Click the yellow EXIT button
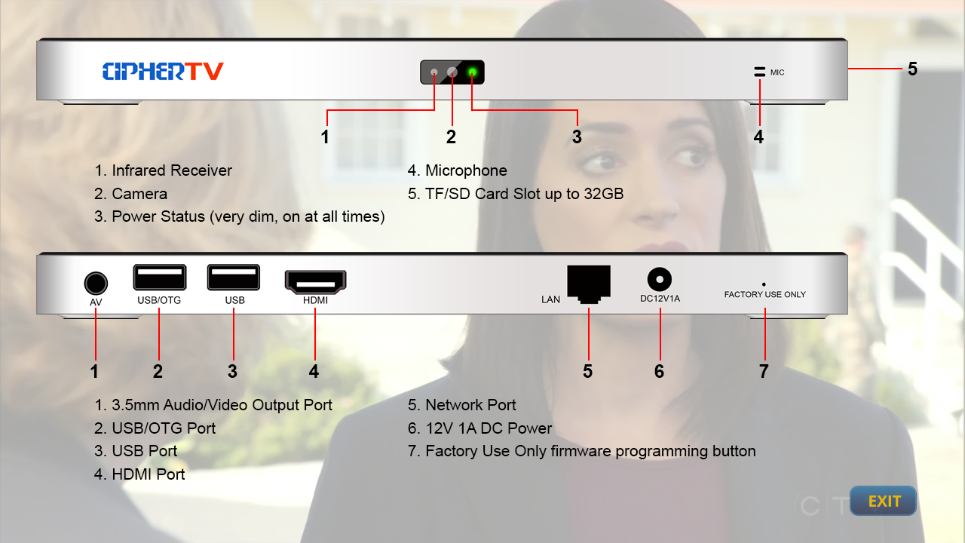pos(883,501)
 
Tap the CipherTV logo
pos(163,71)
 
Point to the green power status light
pos(472,72)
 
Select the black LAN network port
pos(589,284)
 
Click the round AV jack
pos(96,283)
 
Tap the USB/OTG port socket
pos(159,277)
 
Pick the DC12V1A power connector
pos(659,279)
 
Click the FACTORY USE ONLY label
pos(764,294)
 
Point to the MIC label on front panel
pos(777,72)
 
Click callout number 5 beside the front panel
pos(912,69)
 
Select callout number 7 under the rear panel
pos(764,371)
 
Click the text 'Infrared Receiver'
pos(172,170)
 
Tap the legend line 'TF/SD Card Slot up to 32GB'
pos(516,194)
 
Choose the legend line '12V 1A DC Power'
pos(479,428)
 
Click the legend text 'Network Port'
pos(470,405)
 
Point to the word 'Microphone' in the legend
pos(466,170)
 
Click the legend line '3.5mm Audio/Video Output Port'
pos(213,405)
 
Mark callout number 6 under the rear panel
pos(659,371)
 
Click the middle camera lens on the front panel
pos(452,72)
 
